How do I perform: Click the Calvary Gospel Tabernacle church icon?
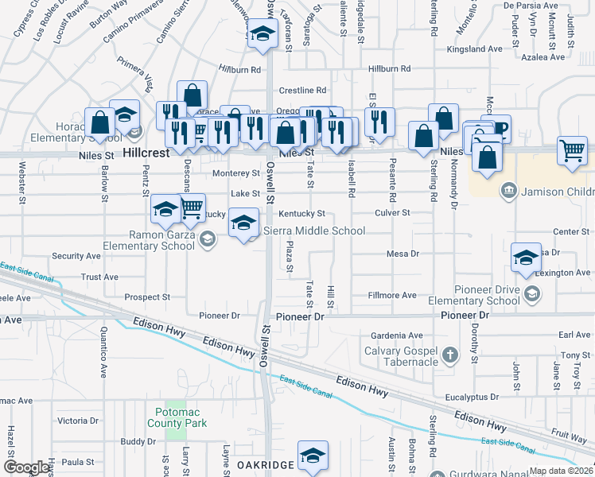449,355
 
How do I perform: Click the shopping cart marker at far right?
572,151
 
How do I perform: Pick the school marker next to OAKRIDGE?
313,456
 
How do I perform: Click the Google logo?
26,467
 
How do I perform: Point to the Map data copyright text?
560,471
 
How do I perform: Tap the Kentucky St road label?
301,214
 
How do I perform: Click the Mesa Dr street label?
402,254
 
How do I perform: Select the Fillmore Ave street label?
392,295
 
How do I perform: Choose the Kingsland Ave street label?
475,48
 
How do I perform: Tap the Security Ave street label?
76,256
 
